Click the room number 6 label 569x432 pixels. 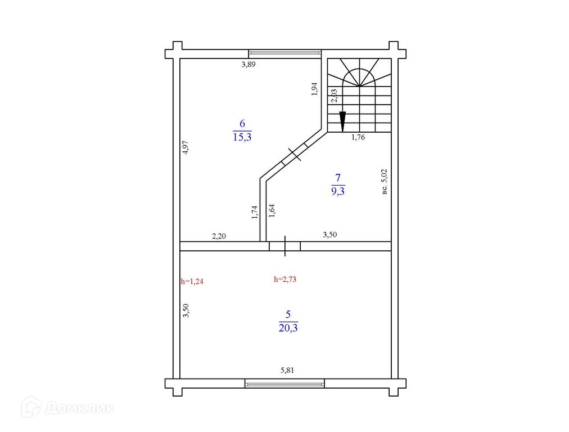[242, 123]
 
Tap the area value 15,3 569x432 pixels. [242, 137]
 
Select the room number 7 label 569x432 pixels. [338, 178]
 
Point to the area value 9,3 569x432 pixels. [338, 191]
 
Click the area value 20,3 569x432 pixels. [288, 328]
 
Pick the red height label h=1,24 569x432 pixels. [192, 281]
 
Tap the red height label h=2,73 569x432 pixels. [285, 279]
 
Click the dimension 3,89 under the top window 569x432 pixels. [249, 65]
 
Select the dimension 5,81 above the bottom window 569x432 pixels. [287, 370]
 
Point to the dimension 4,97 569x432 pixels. [186, 147]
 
